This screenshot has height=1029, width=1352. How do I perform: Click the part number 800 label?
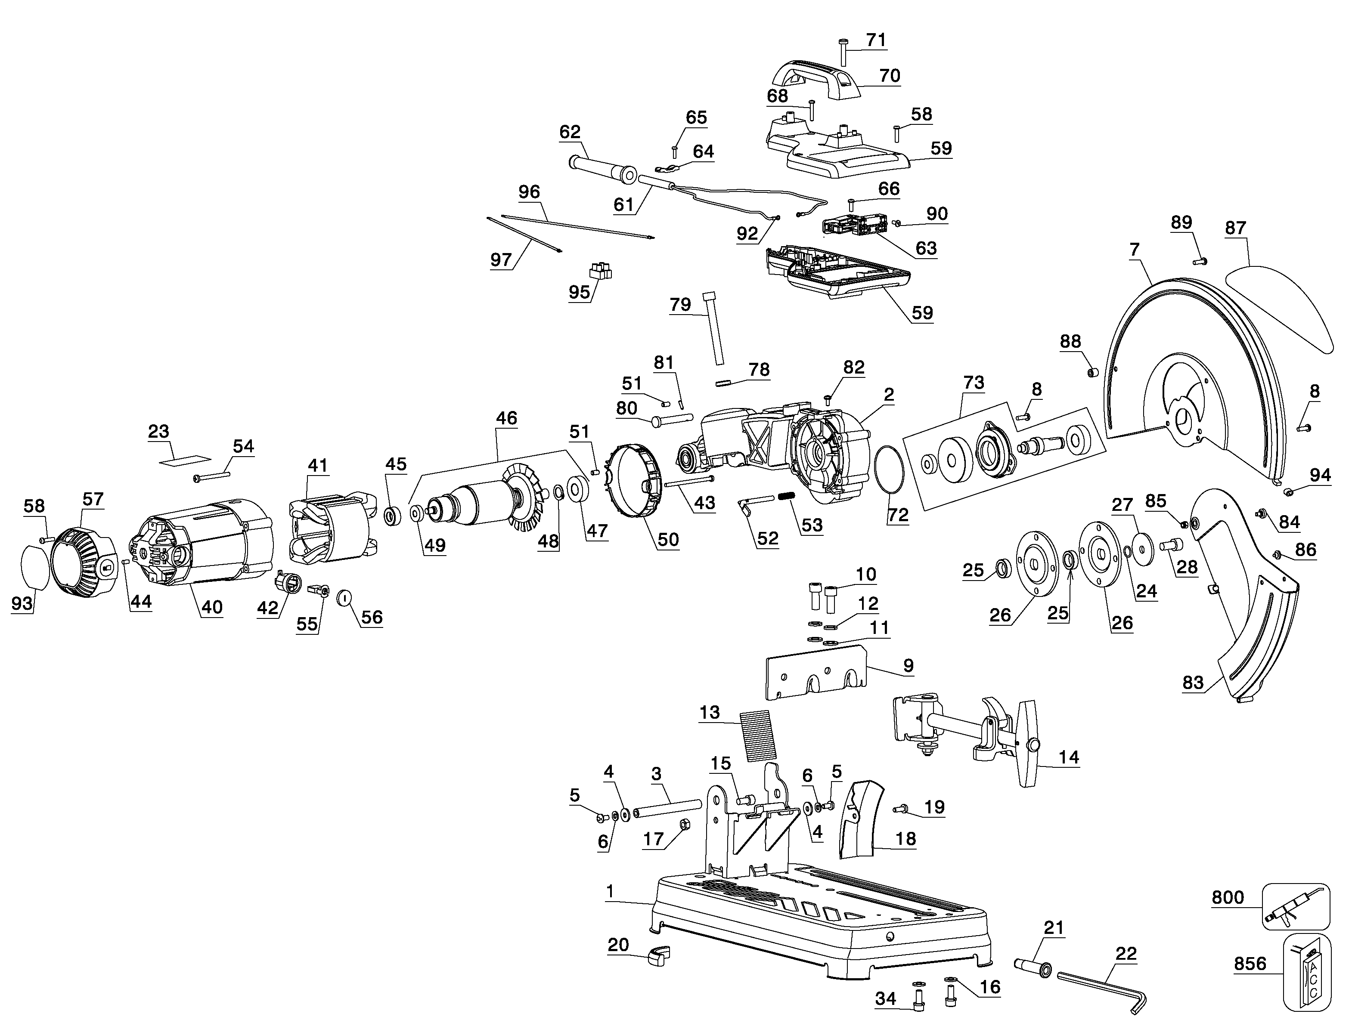tap(1228, 897)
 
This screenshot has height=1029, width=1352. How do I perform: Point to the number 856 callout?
tap(1250, 964)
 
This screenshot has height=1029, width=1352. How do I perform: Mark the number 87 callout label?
tap(1236, 228)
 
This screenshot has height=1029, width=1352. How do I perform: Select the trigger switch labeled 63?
tap(855, 226)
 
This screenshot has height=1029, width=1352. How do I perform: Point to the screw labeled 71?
tap(843, 52)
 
